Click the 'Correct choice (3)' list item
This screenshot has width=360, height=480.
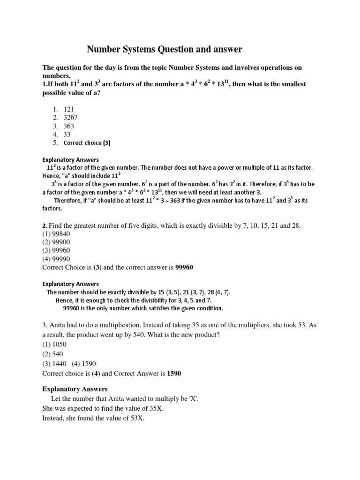point(87,142)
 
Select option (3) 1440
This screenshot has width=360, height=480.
point(54,364)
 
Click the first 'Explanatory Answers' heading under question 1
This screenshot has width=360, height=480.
point(71,159)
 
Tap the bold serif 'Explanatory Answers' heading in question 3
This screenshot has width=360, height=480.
point(75,389)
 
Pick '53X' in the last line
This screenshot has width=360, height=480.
point(136,419)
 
